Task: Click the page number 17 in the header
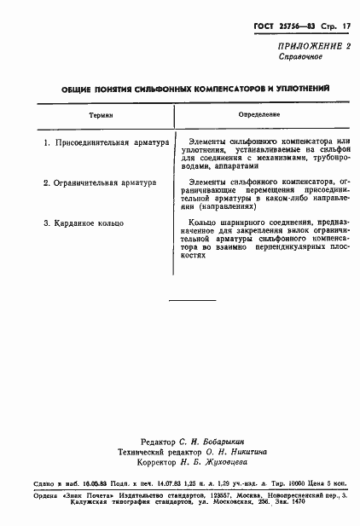point(346,27)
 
